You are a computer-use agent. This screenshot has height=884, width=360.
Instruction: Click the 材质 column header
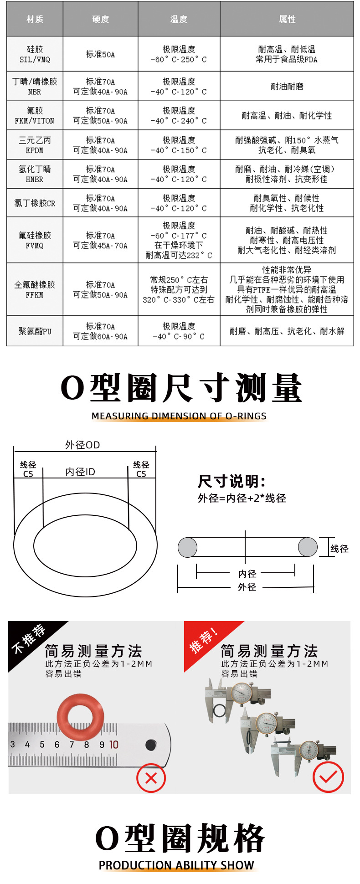pos(35,19)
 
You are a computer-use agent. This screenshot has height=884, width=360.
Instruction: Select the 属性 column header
pos(287,19)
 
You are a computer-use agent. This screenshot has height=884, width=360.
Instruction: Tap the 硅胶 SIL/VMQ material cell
pos(35,54)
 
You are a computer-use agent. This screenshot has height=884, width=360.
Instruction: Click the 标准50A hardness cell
pos(100,54)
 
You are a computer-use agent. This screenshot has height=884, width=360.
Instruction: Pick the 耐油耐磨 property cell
pos(287,87)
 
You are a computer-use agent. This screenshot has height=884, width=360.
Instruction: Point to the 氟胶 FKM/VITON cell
pos(35,116)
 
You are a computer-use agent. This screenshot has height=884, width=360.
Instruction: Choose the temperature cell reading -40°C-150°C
pos(179,145)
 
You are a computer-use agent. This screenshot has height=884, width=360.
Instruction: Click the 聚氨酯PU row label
pos(35,331)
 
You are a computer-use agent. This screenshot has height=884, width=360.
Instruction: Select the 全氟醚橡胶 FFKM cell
pos(35,289)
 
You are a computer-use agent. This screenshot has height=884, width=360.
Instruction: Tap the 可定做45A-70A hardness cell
pos(100,240)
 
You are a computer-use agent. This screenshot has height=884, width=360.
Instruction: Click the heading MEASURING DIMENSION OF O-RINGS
pos(179,416)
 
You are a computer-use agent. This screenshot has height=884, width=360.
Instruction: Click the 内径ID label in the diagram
pos(80,472)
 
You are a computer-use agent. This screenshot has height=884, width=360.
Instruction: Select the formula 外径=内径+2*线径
pos(242,499)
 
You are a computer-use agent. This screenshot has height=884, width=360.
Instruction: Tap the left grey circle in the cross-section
pos(187,547)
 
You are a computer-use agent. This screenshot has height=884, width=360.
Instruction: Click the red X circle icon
pos(151,778)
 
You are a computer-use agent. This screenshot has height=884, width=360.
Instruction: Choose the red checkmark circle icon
pos(328,777)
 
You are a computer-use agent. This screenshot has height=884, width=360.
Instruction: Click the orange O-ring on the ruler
pos(80,716)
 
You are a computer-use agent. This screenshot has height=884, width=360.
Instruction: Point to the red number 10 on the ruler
pos(113,745)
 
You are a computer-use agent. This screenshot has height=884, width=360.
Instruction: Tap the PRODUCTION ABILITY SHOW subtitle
pos(176,865)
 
